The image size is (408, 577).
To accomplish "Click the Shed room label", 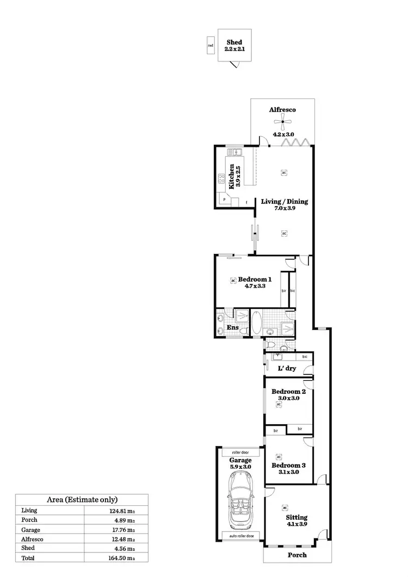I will pyautogui.click(x=234, y=42).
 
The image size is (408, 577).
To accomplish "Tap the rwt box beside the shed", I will pyautogui.click(x=211, y=46).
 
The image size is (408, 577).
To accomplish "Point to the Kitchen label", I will pyautogui.click(x=232, y=176).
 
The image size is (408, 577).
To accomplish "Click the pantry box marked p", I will pyautogui.click(x=224, y=200).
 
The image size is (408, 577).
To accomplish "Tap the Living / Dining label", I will pyautogui.click(x=284, y=201).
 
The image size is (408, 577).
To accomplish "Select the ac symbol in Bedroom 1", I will pyautogui.click(x=233, y=280).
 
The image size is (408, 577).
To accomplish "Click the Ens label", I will pyautogui.click(x=232, y=327).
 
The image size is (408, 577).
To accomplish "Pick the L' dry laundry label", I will pyautogui.click(x=287, y=368).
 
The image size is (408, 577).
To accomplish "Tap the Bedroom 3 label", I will pyautogui.click(x=288, y=466).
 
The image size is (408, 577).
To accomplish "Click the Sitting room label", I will pyautogui.click(x=296, y=517).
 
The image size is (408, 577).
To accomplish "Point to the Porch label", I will pyautogui.click(x=297, y=555).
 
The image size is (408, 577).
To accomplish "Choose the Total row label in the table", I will pyautogui.click(x=28, y=558).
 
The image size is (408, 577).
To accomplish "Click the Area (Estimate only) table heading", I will pyautogui.click(x=82, y=499).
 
